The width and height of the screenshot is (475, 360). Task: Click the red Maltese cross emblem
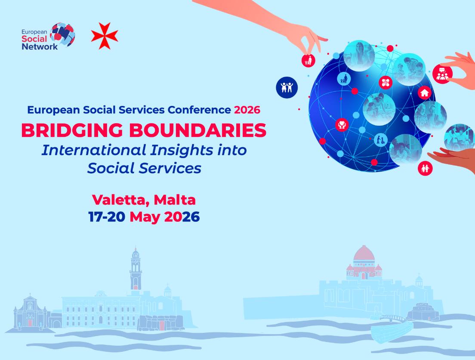(x=105, y=36)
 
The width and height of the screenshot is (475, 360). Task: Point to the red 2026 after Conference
(x=247, y=110)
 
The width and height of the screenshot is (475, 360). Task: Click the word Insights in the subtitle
(x=178, y=150)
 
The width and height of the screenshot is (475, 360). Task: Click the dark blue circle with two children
(x=287, y=87)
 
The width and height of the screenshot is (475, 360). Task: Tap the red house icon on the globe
(x=425, y=93)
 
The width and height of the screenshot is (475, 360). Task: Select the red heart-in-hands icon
(x=342, y=125)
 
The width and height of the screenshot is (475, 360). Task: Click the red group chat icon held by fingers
(x=442, y=74)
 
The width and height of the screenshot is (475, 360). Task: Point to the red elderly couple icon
(x=425, y=168)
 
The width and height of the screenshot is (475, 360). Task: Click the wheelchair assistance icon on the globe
(x=380, y=140)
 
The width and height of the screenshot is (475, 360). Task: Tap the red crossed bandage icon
(x=386, y=82)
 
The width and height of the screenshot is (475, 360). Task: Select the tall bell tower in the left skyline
(x=136, y=269)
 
